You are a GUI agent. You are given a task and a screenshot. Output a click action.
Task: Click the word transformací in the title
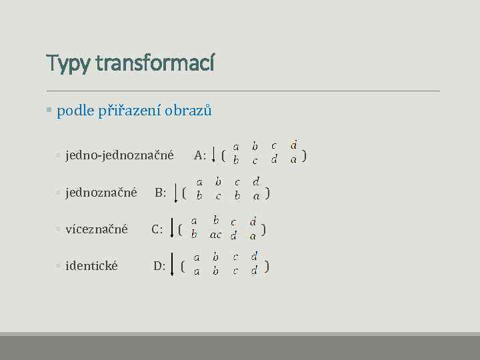pyautogui.click(x=155, y=63)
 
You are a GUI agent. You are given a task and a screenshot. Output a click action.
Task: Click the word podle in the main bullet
pyautogui.click(x=75, y=111)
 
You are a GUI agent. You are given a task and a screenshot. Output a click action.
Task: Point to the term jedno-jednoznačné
pyautogui.click(x=119, y=155)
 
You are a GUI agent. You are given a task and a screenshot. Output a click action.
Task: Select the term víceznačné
pyautogui.click(x=96, y=229)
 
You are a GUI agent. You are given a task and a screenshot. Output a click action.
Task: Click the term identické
pyautogui.click(x=91, y=266)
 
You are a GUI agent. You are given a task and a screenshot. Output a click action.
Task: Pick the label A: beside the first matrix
pyautogui.click(x=200, y=155)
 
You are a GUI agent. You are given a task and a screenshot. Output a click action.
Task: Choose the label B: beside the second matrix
pyautogui.click(x=161, y=193)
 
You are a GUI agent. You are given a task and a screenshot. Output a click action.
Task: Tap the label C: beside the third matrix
pyautogui.click(x=157, y=230)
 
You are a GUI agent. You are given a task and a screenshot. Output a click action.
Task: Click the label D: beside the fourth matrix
pyautogui.click(x=159, y=266)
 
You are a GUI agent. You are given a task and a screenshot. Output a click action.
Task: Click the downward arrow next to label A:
pyautogui.click(x=213, y=155)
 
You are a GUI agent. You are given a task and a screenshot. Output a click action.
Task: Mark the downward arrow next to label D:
pyautogui.click(x=173, y=264)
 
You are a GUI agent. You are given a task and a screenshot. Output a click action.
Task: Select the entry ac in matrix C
pyautogui.click(x=215, y=235)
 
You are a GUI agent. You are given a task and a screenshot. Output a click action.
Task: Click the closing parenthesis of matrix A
pyautogui.click(x=305, y=156)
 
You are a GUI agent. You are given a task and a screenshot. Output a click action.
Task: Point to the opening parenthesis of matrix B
pyautogui.click(x=184, y=193)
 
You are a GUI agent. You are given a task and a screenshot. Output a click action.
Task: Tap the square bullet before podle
pyautogui.click(x=49, y=110)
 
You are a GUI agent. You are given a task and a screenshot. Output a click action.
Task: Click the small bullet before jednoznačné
pyautogui.click(x=59, y=193)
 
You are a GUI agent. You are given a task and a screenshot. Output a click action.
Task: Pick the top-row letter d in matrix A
pyautogui.click(x=293, y=145)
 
